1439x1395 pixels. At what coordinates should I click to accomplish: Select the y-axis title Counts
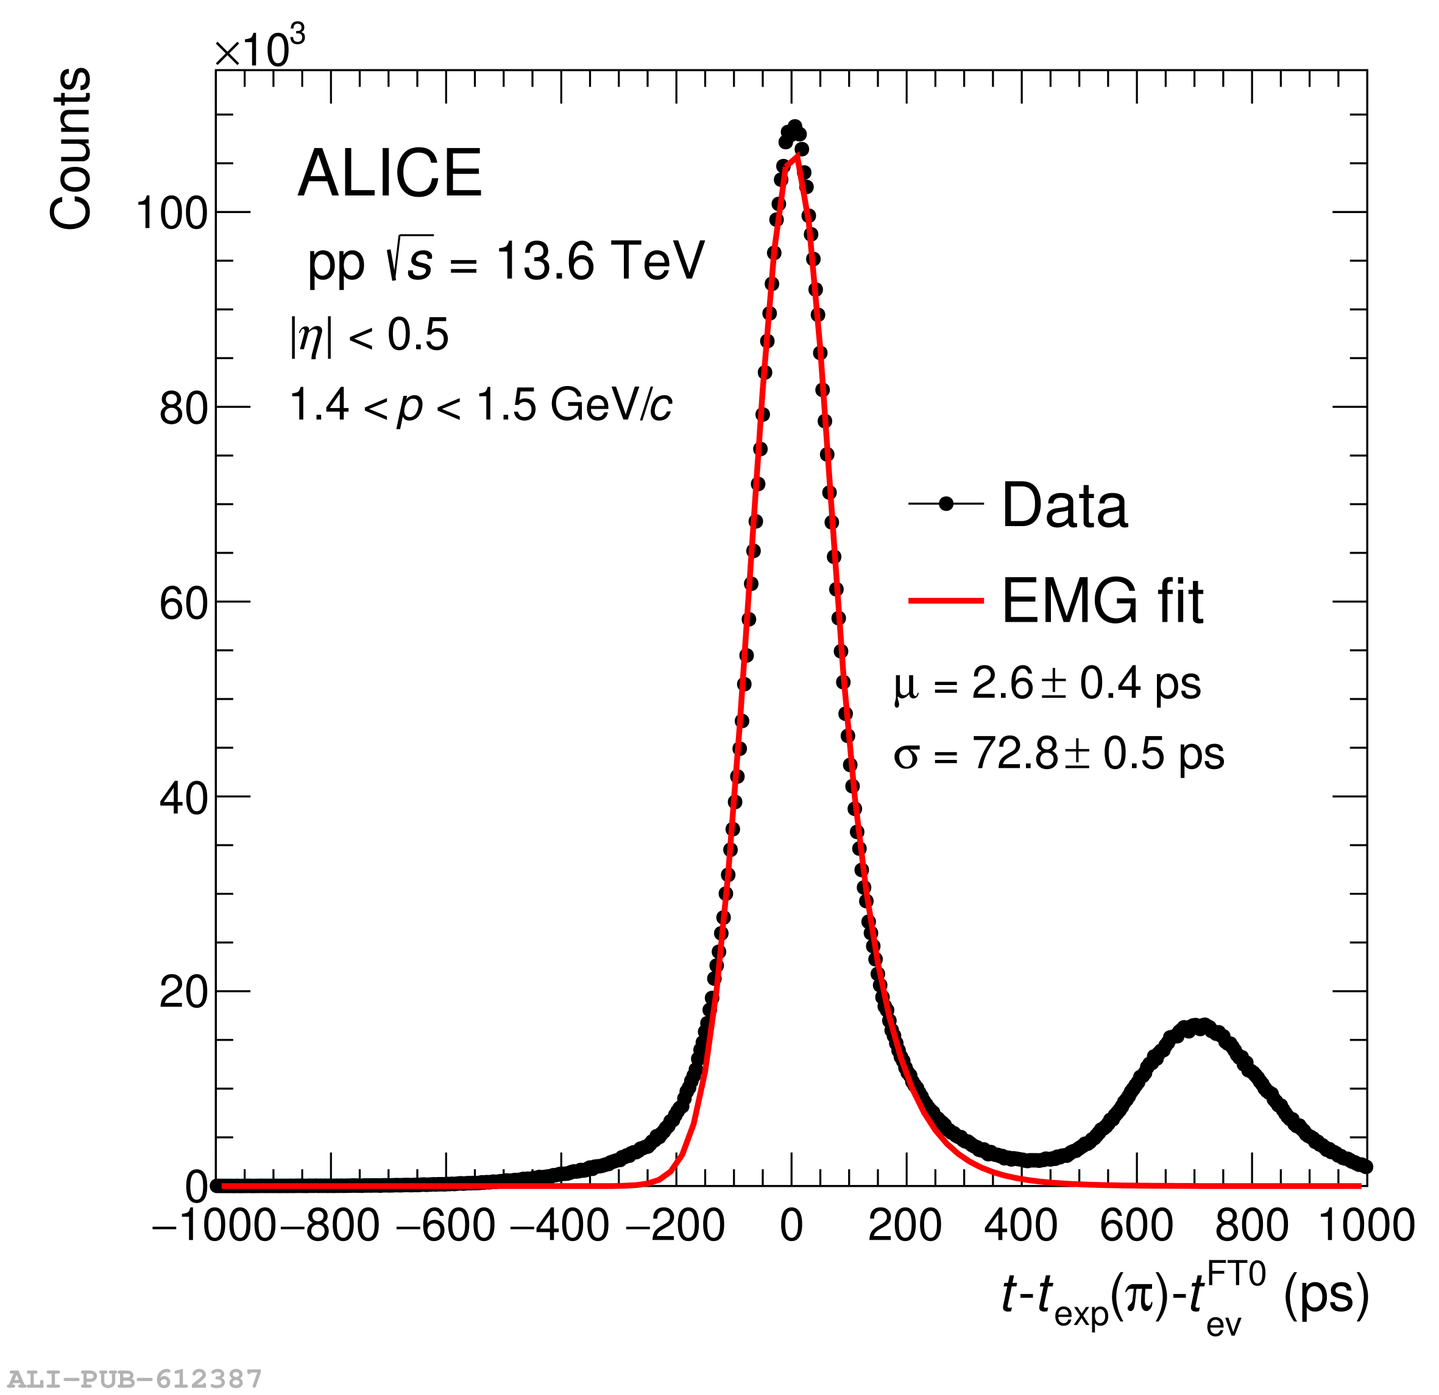[x=71, y=149]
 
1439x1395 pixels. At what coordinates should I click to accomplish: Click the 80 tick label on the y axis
[x=183, y=409]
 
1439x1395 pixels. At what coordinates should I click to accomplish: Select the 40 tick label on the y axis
[x=183, y=798]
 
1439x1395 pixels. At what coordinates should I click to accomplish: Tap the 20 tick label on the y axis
[x=183, y=993]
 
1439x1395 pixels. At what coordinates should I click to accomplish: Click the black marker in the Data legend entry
[x=946, y=504]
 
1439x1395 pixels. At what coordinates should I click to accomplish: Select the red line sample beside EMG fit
[x=946, y=601]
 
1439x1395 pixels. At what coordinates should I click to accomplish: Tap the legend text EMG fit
[x=1102, y=602]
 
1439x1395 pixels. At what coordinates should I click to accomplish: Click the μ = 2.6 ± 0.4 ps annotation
[x=1047, y=684]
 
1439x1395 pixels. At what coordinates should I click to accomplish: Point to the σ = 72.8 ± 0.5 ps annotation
[x=1059, y=754]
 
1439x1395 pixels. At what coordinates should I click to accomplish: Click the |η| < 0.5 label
[x=369, y=336]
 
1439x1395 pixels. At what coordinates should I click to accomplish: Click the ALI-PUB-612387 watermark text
[x=135, y=1379]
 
